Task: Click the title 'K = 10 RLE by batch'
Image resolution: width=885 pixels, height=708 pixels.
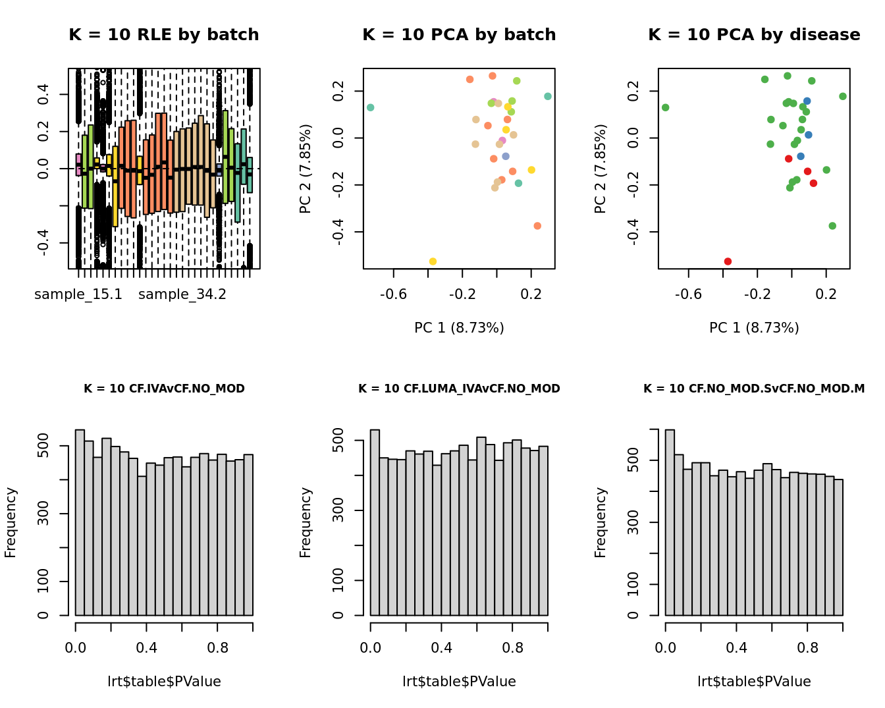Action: click(x=164, y=35)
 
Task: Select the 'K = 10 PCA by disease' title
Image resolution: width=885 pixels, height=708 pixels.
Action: click(x=754, y=35)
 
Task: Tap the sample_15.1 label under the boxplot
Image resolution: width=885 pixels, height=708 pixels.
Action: click(x=78, y=294)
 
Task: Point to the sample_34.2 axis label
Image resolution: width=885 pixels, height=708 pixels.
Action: click(x=182, y=294)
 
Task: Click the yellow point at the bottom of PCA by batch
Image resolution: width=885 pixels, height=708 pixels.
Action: click(x=433, y=261)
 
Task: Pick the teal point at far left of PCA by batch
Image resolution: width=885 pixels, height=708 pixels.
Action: click(x=371, y=107)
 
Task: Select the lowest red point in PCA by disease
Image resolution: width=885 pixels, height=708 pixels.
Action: click(x=728, y=261)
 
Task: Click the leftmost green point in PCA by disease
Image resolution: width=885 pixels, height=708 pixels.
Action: click(x=666, y=107)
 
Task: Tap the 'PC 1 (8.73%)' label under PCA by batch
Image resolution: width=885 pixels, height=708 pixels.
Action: click(x=459, y=327)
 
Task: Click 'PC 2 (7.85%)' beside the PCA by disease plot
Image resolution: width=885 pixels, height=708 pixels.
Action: click(x=600, y=169)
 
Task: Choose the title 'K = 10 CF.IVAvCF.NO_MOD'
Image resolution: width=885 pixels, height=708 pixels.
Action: click(x=164, y=389)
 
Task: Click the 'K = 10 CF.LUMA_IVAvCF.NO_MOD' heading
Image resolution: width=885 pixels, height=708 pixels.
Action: click(x=459, y=389)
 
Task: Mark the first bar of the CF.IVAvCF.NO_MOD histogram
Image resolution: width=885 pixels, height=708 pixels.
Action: click(x=80, y=523)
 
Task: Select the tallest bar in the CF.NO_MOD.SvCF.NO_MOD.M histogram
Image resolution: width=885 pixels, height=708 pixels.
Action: click(x=670, y=523)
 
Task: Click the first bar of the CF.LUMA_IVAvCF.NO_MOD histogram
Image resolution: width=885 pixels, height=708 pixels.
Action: click(x=375, y=523)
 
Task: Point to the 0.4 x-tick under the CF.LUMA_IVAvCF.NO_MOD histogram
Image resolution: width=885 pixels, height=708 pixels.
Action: click(x=441, y=648)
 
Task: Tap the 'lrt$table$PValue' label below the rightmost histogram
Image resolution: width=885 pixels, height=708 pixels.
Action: click(x=754, y=682)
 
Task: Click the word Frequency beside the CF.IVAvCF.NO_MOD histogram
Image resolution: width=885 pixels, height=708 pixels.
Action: click(x=11, y=522)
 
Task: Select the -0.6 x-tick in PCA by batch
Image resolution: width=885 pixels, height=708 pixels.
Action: click(x=394, y=294)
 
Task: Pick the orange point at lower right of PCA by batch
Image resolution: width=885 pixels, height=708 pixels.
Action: click(x=537, y=226)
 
